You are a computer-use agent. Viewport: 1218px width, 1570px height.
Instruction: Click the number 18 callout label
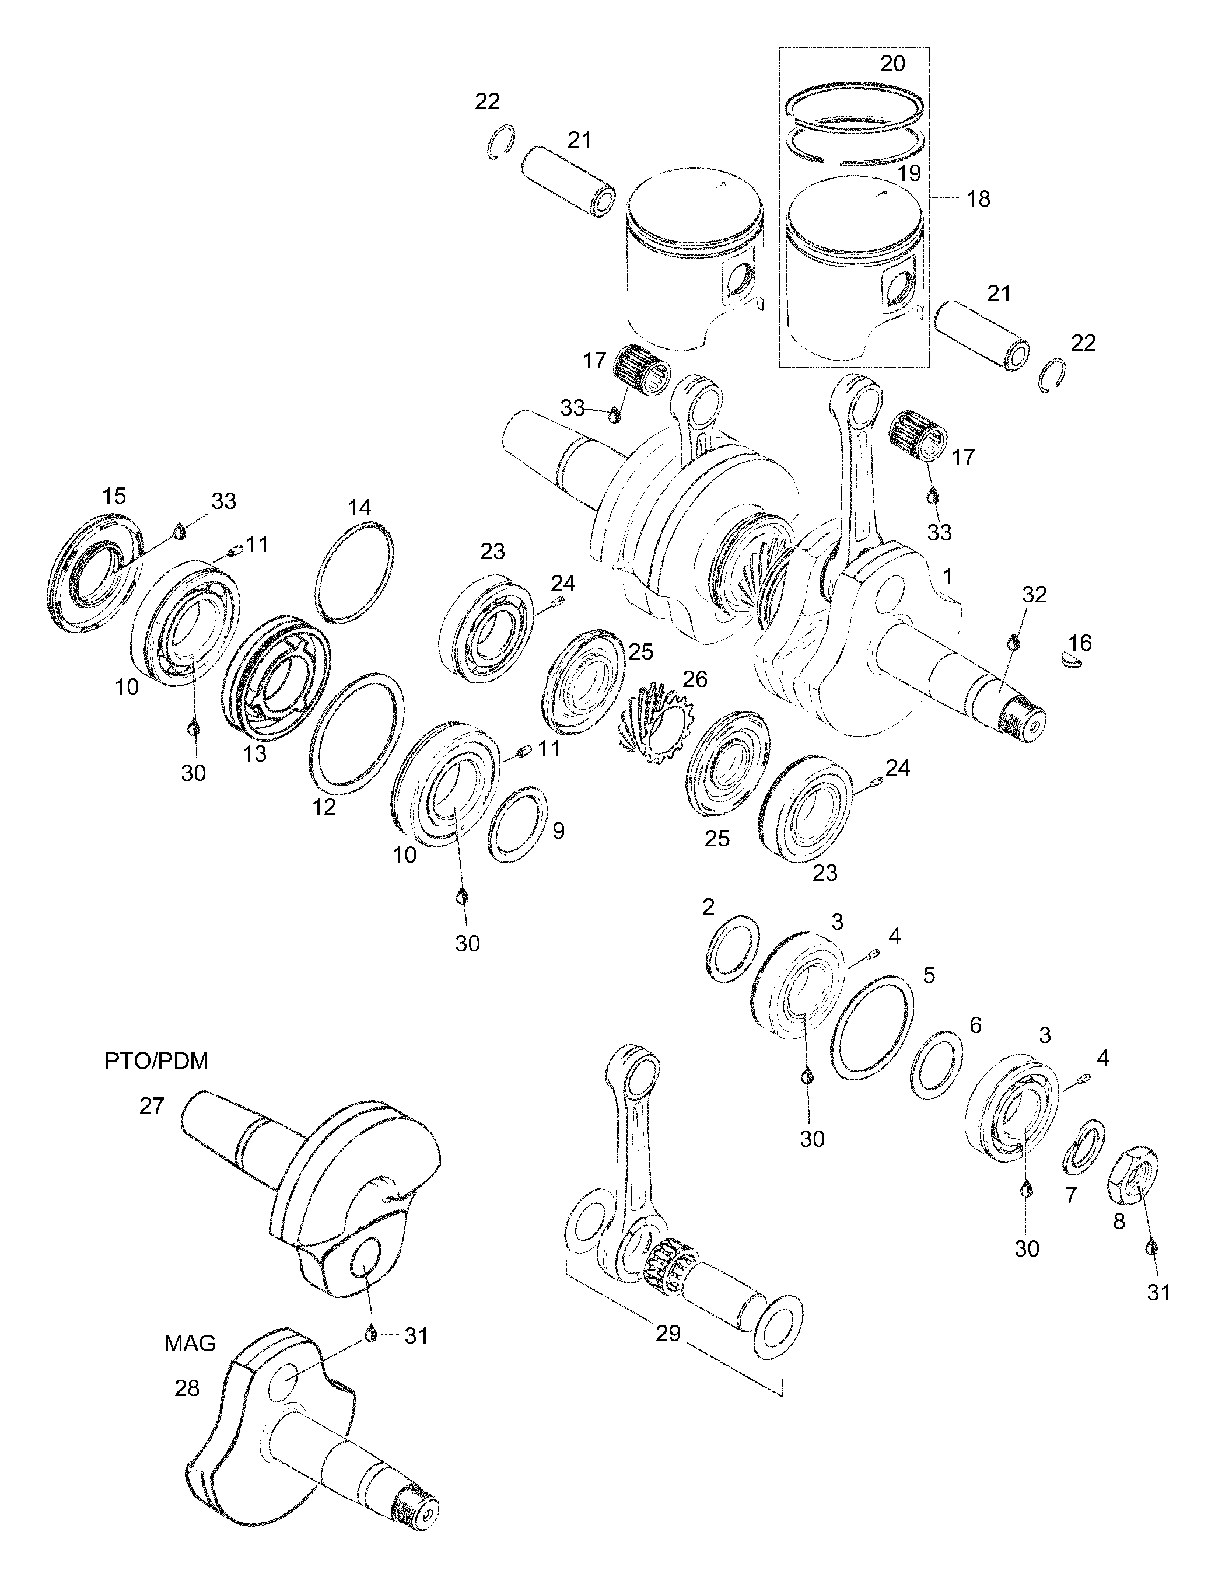(978, 199)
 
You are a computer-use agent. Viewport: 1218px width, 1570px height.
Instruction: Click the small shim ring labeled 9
(517, 825)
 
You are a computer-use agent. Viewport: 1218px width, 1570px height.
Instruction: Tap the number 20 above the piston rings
(892, 64)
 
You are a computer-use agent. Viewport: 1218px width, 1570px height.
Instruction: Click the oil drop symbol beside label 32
(1014, 640)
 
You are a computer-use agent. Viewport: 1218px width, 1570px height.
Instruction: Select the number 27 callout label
(152, 1105)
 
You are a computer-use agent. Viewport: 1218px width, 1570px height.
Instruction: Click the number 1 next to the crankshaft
(947, 577)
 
